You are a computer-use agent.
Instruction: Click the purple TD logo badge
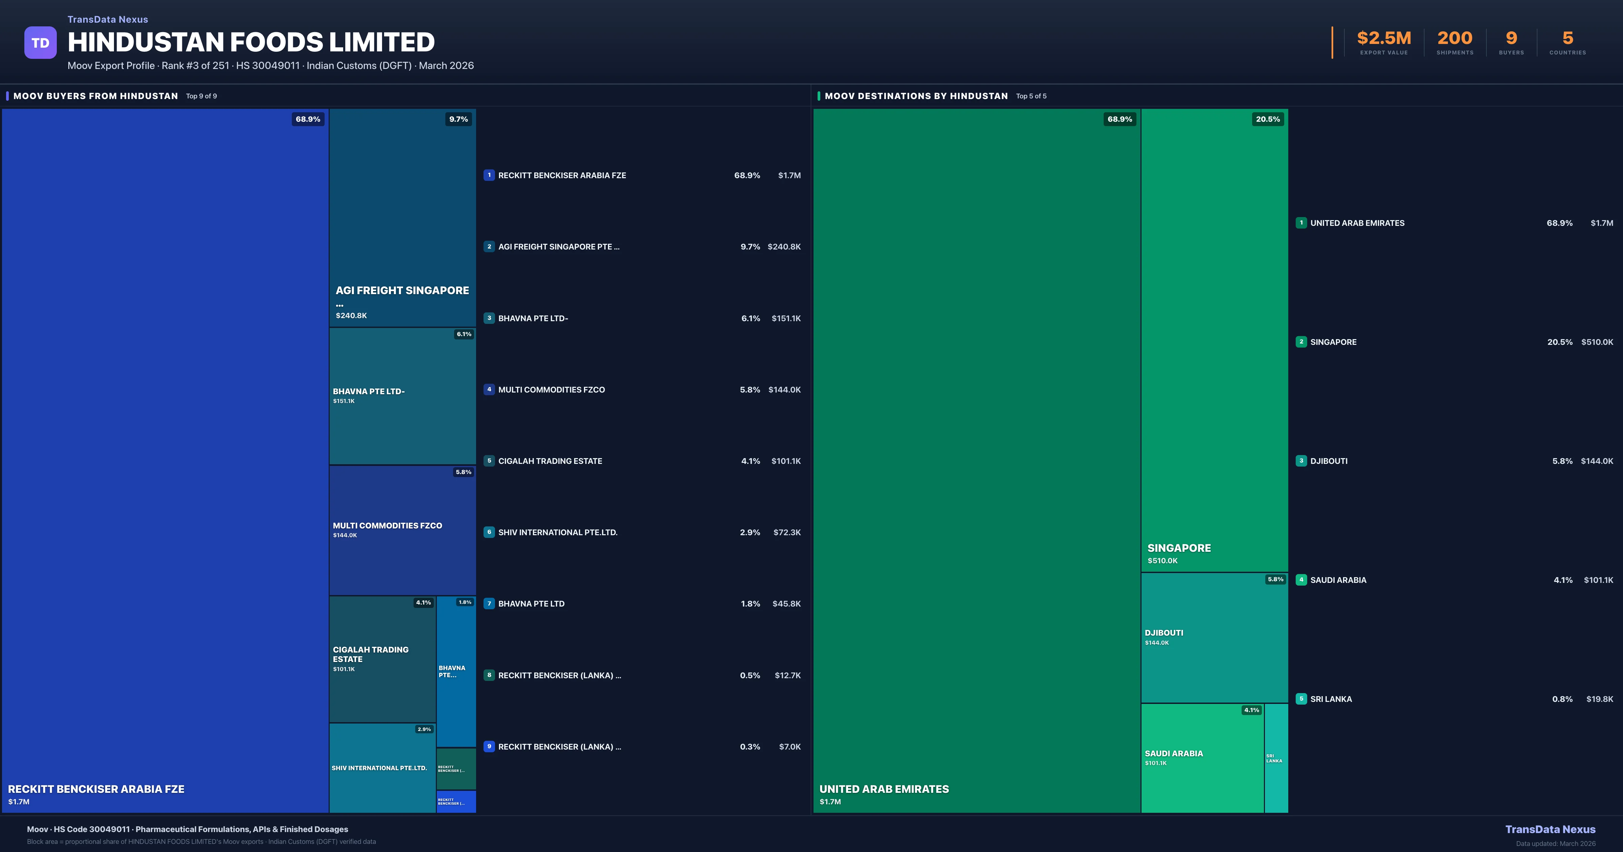coord(40,43)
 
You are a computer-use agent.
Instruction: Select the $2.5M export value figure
coord(1384,39)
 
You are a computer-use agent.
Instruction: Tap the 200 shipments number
coord(1455,39)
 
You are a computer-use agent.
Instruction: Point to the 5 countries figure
coord(1568,39)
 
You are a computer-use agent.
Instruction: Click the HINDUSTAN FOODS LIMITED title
coord(251,42)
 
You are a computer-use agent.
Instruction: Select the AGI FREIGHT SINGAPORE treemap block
coord(402,217)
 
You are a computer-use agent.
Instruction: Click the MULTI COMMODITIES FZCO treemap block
coord(402,530)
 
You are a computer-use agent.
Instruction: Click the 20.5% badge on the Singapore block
coord(1268,119)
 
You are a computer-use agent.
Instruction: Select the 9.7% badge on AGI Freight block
coord(458,119)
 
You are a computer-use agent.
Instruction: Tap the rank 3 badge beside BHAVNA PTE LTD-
coord(489,318)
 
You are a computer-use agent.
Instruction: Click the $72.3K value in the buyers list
coord(787,532)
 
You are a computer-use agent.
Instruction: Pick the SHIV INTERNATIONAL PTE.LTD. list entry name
coord(558,532)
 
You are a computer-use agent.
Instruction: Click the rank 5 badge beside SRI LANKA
coord(1301,699)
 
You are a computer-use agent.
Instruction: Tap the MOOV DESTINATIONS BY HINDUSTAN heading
coord(916,96)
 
